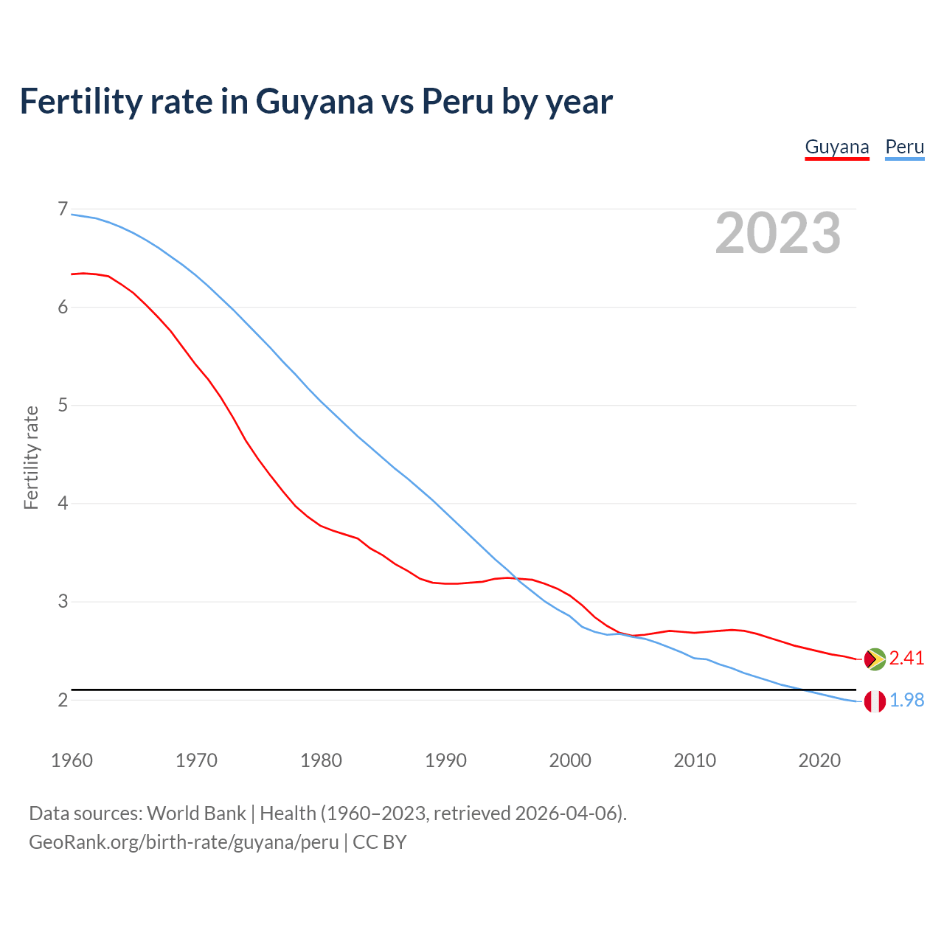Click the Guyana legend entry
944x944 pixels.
pos(836,147)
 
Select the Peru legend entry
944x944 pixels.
pos(904,147)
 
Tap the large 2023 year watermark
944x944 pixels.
pos(777,233)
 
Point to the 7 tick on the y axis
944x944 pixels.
pos(62,209)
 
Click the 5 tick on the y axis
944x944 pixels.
pos(62,405)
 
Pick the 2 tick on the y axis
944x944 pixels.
pos(62,699)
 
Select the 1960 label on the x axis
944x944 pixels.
pos(72,760)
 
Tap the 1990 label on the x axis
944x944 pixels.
pos(445,760)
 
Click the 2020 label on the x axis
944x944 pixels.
pos(819,760)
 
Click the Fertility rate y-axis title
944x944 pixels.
pos(31,457)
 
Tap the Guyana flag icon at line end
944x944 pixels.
pos(874,659)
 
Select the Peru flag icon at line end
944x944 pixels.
pos(874,701)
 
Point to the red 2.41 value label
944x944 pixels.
pos(906,658)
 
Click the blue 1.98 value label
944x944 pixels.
pos(906,700)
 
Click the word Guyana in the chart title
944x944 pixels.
pos(314,102)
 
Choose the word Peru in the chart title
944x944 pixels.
pos(457,102)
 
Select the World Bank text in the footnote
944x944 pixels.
pos(196,813)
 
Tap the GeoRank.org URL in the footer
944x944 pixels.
pos(184,842)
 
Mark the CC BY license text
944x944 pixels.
pos(380,842)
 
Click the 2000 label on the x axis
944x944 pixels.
pos(570,760)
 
